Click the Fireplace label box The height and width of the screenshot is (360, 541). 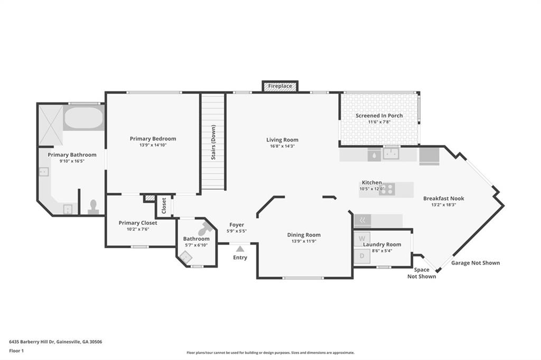[x=280, y=86]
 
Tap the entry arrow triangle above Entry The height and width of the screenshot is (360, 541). [x=240, y=249]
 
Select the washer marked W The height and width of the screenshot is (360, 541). [x=362, y=239]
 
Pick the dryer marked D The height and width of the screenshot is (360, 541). [x=362, y=256]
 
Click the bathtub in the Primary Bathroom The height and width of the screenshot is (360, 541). [x=83, y=118]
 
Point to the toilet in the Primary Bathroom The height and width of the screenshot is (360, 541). [x=93, y=207]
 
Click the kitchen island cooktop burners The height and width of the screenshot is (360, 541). [x=387, y=190]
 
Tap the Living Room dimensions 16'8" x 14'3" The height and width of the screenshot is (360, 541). [x=282, y=146]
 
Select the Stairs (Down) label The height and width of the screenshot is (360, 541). [x=213, y=143]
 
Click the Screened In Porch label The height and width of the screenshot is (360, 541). [x=379, y=116]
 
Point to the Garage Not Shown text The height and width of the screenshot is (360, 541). [x=475, y=263]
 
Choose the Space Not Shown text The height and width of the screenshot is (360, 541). [x=422, y=273]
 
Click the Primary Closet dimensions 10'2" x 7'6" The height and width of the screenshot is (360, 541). [x=138, y=229]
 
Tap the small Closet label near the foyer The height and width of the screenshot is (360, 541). [x=164, y=205]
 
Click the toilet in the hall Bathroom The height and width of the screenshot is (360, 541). [x=206, y=228]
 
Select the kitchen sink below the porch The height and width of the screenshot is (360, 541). [x=391, y=154]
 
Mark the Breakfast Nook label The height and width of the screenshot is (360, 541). [x=444, y=198]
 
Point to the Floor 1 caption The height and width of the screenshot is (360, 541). [x=16, y=351]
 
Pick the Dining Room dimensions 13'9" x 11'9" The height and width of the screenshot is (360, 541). [x=304, y=241]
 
